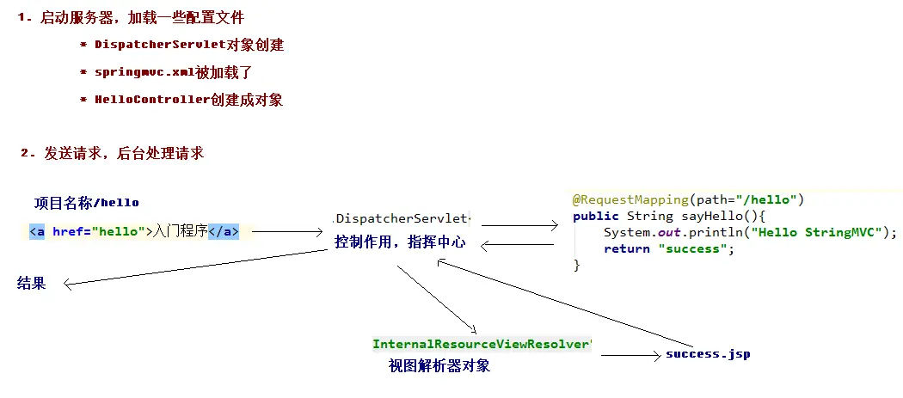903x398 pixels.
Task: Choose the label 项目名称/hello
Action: [x=86, y=203]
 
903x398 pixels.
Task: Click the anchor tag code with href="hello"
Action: [x=133, y=231]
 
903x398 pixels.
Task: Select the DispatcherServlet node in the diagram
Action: [x=402, y=217]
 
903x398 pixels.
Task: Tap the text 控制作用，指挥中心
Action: [x=400, y=242]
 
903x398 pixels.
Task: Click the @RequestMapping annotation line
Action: [x=688, y=199]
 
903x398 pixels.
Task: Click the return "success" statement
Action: [x=666, y=248]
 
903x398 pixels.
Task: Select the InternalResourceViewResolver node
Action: [x=482, y=344]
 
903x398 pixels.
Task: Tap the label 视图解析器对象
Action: [x=439, y=366]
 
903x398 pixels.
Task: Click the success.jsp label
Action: [x=708, y=353]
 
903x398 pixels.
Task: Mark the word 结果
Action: [x=32, y=284]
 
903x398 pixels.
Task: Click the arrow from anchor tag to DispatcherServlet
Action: [x=286, y=232]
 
